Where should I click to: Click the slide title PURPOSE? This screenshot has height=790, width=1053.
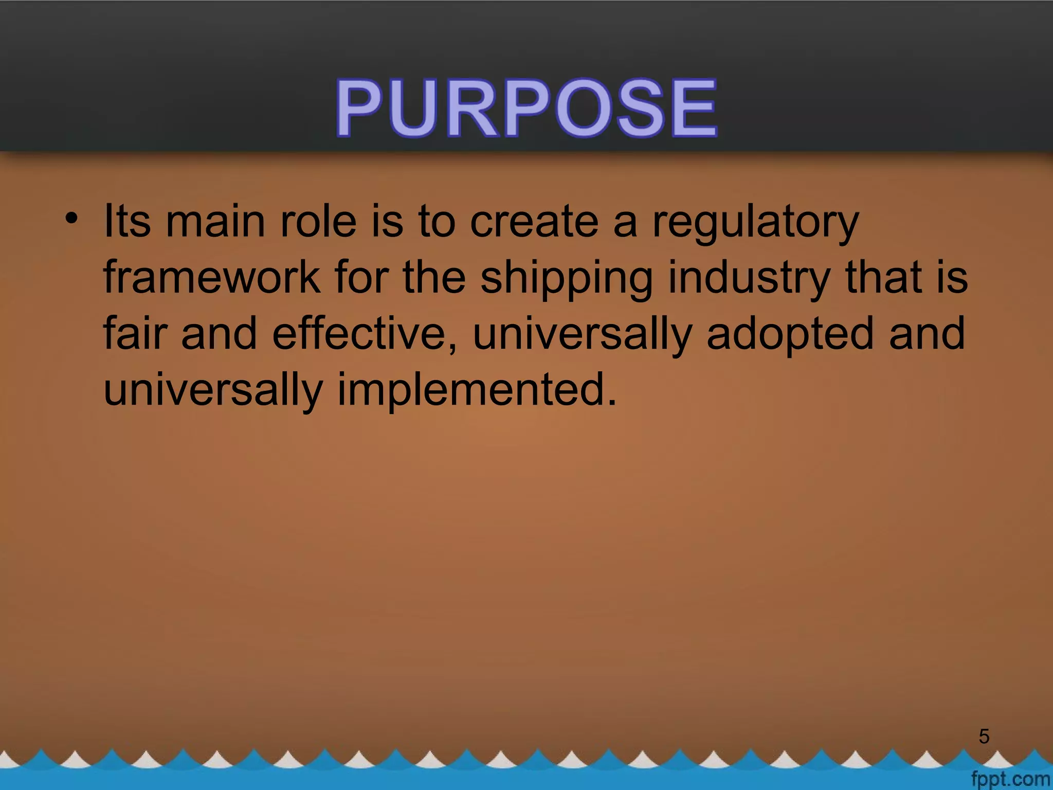point(526,108)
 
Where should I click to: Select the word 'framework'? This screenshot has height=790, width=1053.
point(211,278)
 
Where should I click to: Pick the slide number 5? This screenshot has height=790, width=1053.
point(984,737)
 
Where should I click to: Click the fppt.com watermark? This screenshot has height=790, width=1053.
point(1010,779)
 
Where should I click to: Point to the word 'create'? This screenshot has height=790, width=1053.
point(534,222)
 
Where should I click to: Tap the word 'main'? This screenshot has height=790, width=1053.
point(215,222)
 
